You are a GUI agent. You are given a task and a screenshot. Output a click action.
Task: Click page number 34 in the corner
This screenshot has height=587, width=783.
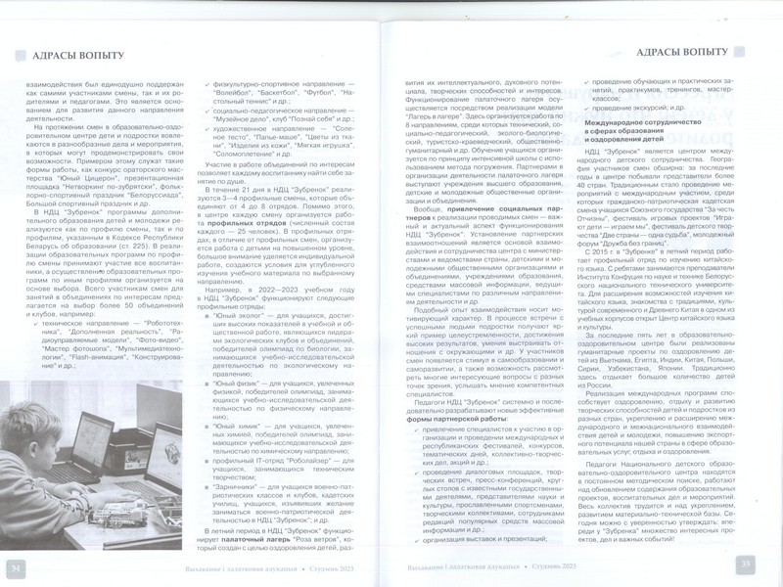pyautogui.click(x=17, y=566)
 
